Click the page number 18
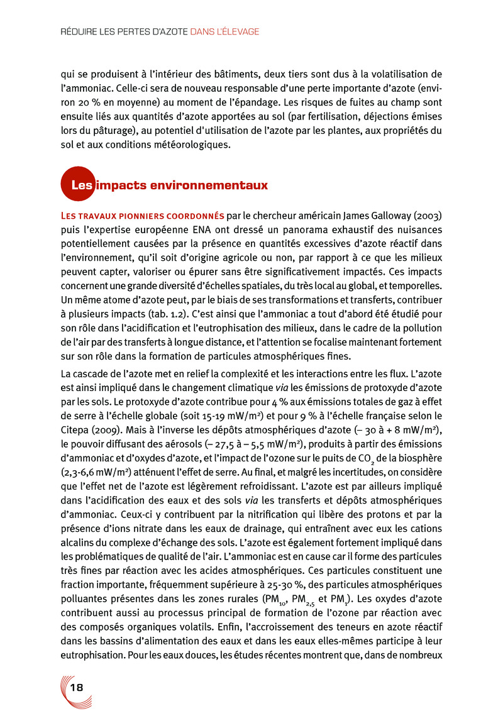(77, 687)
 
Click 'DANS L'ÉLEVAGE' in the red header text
(224, 31)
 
